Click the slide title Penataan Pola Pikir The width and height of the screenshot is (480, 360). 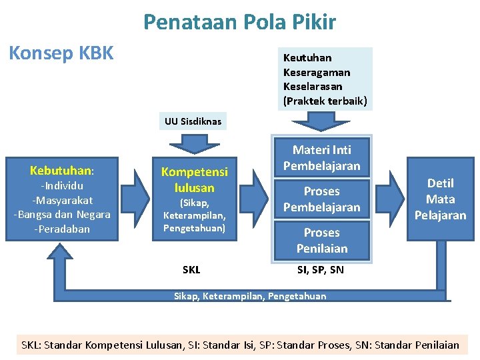tap(239, 23)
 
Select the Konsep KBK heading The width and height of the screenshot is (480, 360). tap(61, 52)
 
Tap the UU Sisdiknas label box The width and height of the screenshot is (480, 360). tap(193, 121)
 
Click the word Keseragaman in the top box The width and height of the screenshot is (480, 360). tap(317, 72)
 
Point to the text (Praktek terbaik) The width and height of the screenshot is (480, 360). tap(325, 101)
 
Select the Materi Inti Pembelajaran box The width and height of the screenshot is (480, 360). tap(321, 158)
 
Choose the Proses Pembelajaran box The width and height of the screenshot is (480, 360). tap(321, 199)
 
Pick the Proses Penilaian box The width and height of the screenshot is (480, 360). tap(321, 241)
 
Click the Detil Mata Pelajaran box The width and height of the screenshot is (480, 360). tap(440, 199)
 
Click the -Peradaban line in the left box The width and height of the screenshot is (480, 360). tap(61, 229)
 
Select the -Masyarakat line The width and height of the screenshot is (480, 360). tap(62, 200)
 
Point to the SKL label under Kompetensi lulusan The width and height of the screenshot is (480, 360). tap(191, 270)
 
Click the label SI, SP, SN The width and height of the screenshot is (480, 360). tap(320, 270)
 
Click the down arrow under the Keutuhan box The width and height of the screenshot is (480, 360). tap(322, 121)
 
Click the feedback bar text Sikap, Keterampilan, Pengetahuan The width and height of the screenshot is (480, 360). tap(250, 296)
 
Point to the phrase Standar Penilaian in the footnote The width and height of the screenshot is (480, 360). tap(417, 345)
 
